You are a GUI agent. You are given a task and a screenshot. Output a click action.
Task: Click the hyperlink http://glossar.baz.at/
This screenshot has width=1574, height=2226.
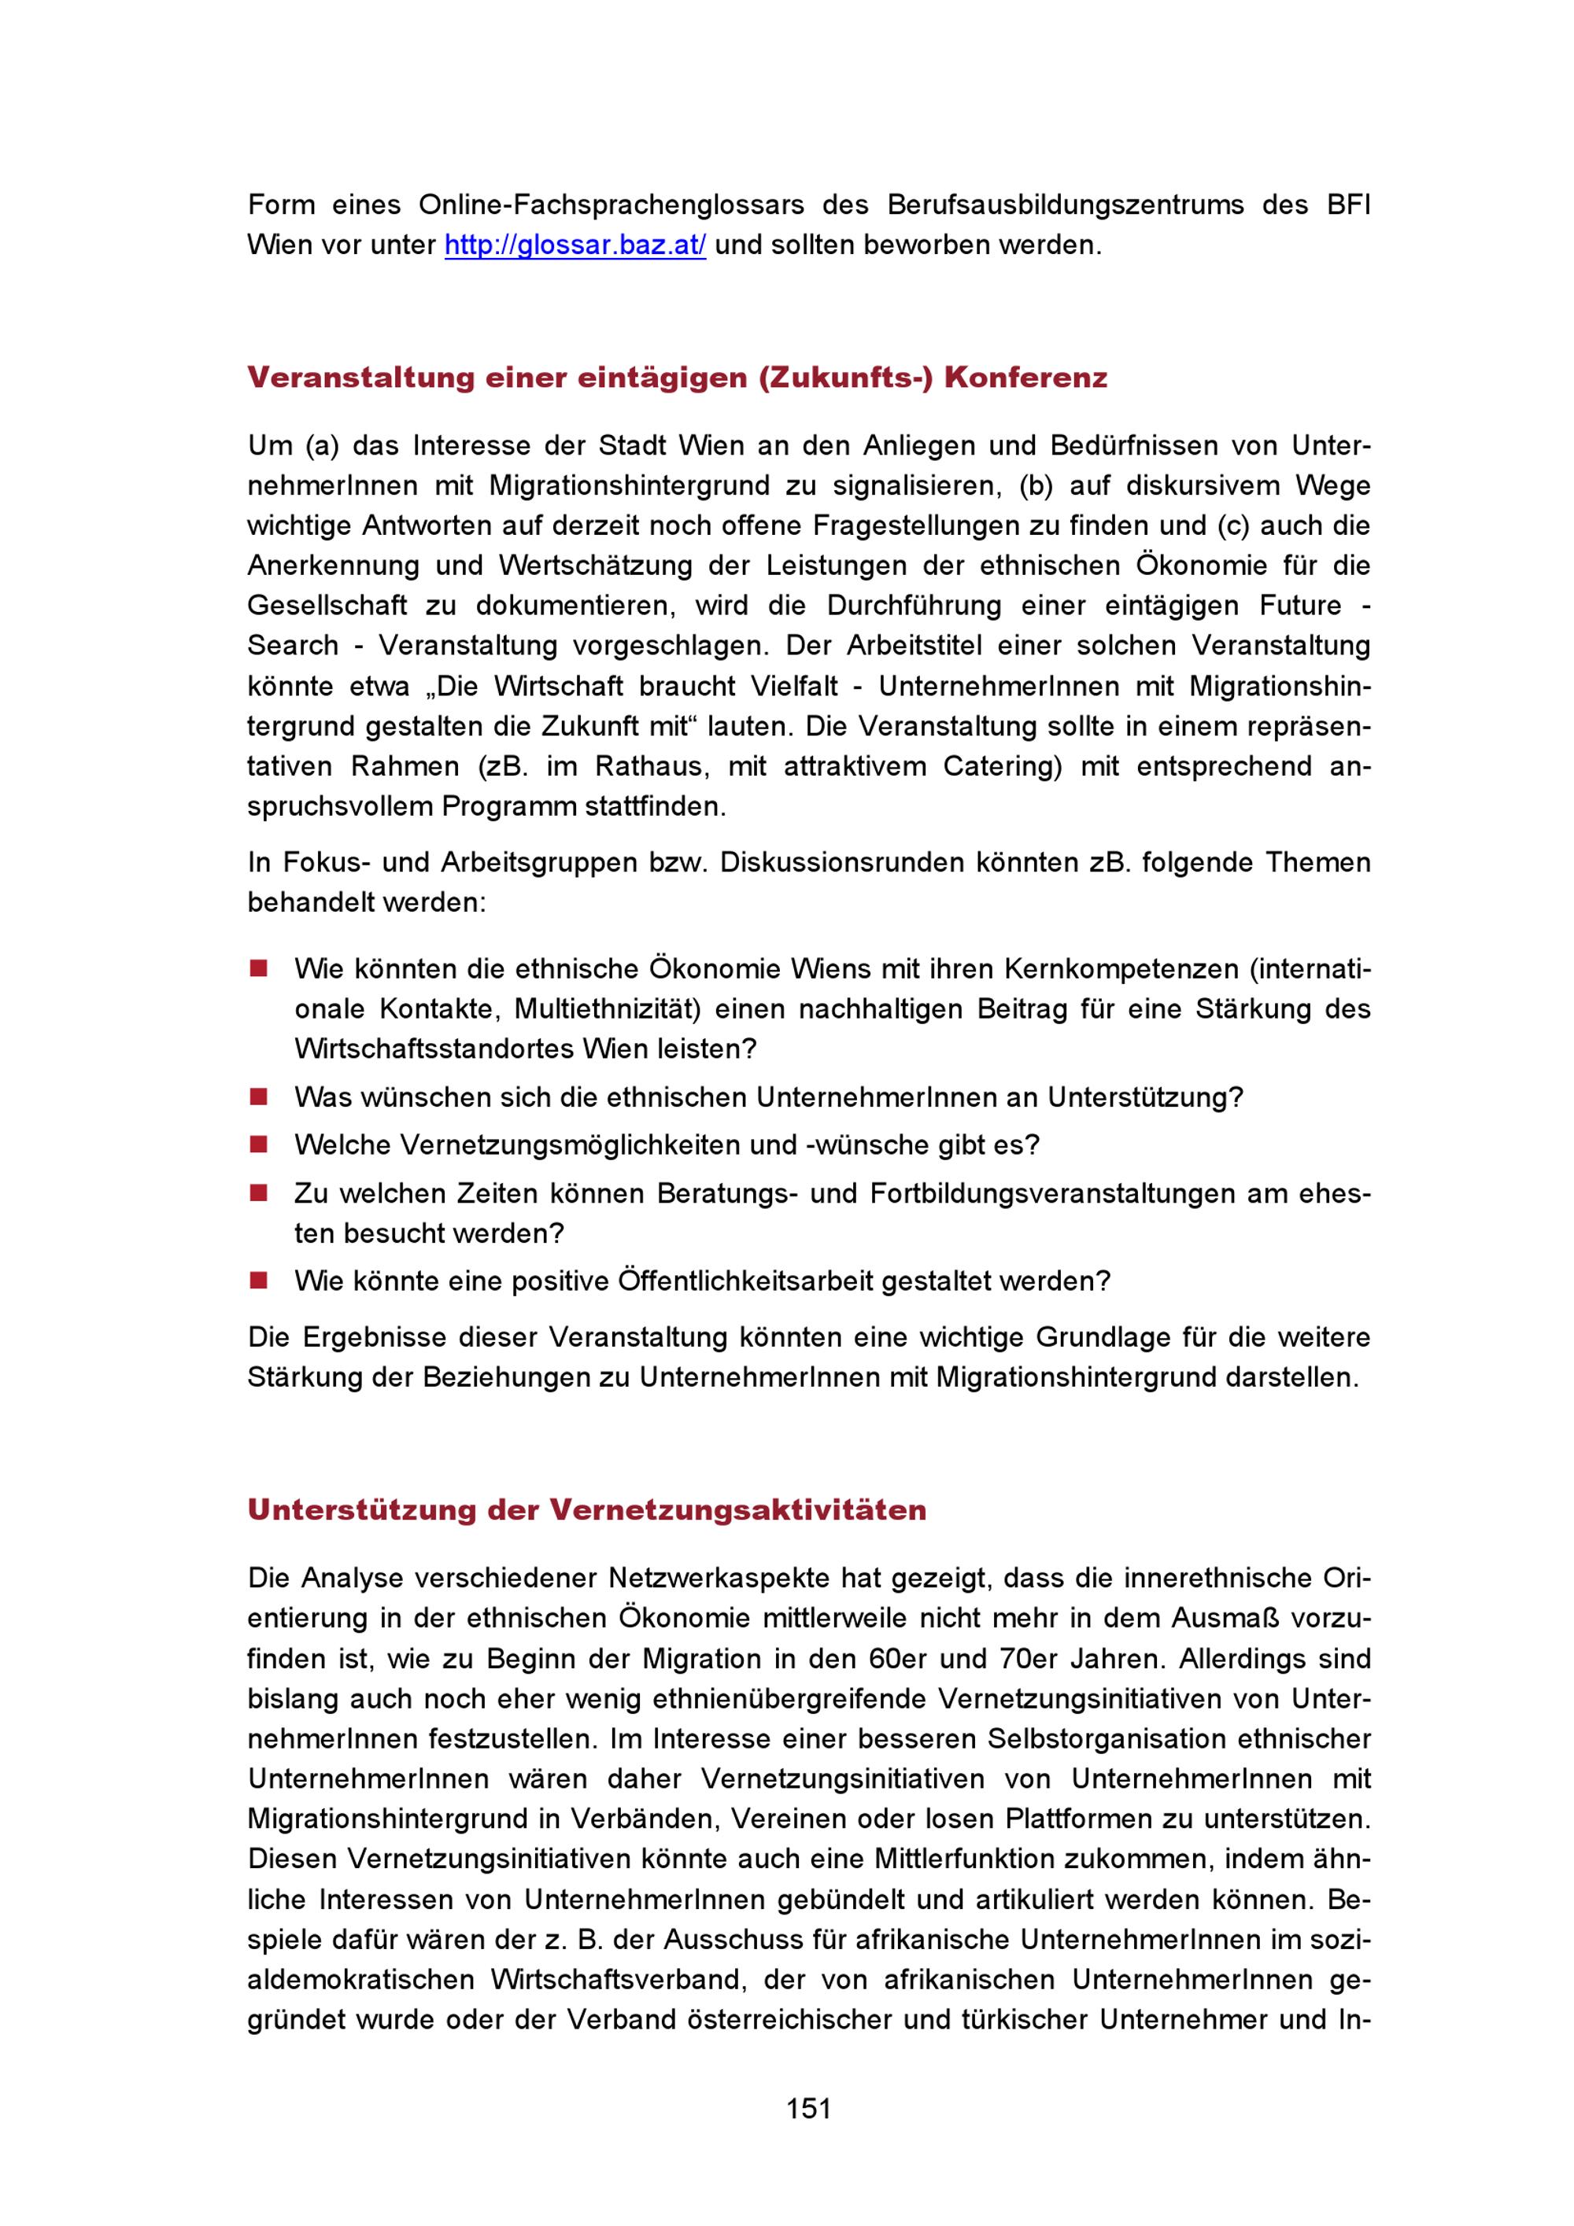(x=575, y=245)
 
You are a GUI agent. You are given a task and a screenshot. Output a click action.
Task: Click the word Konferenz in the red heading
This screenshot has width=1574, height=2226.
(x=1025, y=377)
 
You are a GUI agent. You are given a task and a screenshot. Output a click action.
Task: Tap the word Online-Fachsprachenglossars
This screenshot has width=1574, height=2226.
(x=611, y=205)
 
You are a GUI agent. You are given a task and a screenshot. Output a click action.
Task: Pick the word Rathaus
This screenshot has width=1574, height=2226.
(x=648, y=766)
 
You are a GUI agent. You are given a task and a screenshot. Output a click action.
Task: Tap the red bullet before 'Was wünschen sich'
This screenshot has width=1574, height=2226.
(x=258, y=1096)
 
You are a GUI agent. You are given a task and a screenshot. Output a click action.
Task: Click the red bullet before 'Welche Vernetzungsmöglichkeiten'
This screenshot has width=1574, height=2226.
(x=258, y=1144)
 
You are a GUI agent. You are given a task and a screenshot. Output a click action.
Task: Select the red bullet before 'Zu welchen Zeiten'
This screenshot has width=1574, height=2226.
(x=258, y=1192)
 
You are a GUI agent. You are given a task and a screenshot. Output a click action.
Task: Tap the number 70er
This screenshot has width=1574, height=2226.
(x=1028, y=1659)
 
